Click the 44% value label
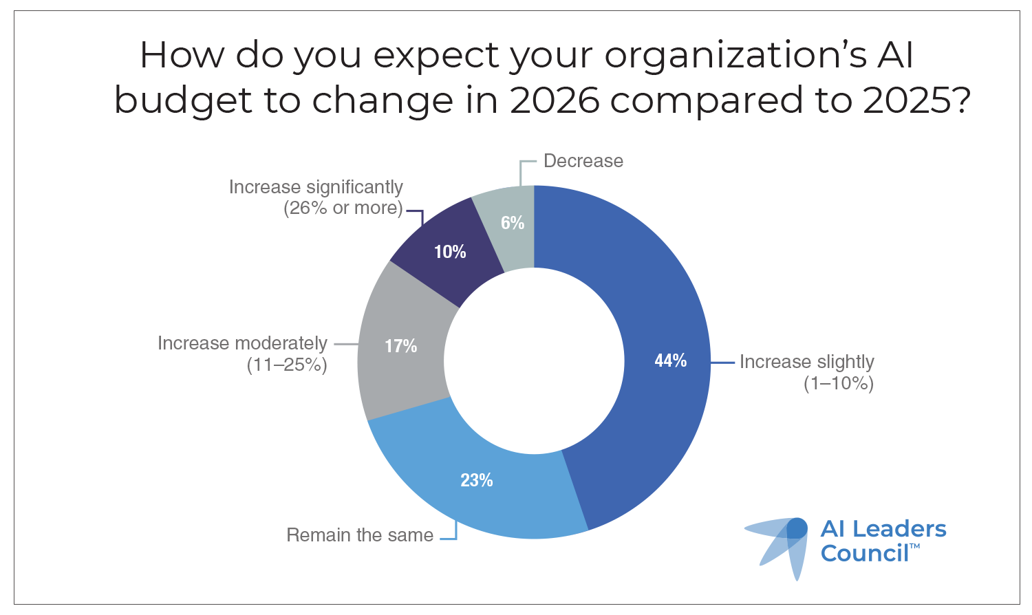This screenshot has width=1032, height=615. coord(670,360)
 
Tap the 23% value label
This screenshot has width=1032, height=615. coord(476,480)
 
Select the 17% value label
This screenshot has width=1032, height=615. coord(400,346)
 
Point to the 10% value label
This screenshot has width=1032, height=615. coord(450,252)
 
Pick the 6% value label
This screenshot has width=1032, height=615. coord(513,223)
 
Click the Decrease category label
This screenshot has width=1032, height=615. coord(583,161)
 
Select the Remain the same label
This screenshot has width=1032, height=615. coord(360,535)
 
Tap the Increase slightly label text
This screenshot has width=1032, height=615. coord(806,362)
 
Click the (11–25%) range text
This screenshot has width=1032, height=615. coord(287,365)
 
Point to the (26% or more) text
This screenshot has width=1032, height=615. coord(343,208)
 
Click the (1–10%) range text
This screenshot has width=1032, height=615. coord(839,383)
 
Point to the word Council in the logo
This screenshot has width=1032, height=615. coord(865,553)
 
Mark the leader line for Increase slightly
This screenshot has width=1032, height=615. coord(722,363)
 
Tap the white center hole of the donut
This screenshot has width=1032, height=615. coord(534,361)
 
